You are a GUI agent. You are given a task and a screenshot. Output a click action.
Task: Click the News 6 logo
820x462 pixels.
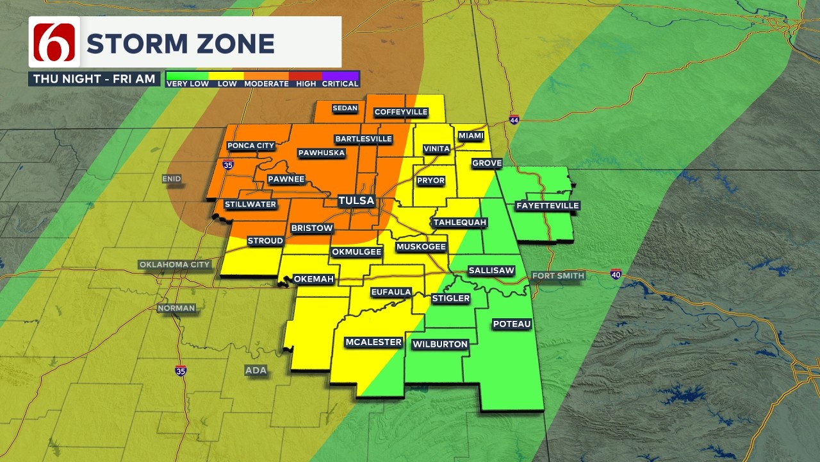tap(54, 42)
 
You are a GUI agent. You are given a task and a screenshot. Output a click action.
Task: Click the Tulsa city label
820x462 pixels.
tap(356, 201)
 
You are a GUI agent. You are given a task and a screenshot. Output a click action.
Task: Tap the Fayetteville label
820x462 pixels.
tap(547, 206)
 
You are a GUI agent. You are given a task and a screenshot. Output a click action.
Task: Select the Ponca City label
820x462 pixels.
tap(250, 146)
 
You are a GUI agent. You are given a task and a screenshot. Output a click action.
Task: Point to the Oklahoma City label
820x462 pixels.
tap(175, 265)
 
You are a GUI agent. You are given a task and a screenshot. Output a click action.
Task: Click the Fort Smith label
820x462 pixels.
tap(559, 276)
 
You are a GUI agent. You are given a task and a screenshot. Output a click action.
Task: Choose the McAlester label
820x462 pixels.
tap(373, 342)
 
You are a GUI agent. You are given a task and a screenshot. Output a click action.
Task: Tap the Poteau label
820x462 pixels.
tap(512, 324)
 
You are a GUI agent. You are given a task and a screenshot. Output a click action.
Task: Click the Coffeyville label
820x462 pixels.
tap(401, 112)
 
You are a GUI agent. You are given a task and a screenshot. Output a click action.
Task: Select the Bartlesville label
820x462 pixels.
tap(363, 139)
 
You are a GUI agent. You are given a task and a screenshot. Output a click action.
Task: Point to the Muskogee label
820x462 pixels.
tap(421, 247)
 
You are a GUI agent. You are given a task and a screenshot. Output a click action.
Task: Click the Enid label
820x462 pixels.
tap(172, 179)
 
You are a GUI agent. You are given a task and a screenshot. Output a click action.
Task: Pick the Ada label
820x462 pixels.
tap(256, 370)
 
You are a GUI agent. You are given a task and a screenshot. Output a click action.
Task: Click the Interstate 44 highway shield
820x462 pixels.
tap(514, 120)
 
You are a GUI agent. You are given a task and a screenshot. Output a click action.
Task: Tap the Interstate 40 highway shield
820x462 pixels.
tap(616, 274)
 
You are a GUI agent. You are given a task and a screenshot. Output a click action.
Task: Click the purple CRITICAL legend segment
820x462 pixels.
tap(340, 79)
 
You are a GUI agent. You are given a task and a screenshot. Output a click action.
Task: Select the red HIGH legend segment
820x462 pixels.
tap(306, 79)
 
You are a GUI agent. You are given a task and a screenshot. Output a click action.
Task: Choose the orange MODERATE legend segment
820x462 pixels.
tap(266, 79)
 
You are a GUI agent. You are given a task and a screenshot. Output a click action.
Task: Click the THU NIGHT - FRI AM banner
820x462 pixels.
tap(94, 79)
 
